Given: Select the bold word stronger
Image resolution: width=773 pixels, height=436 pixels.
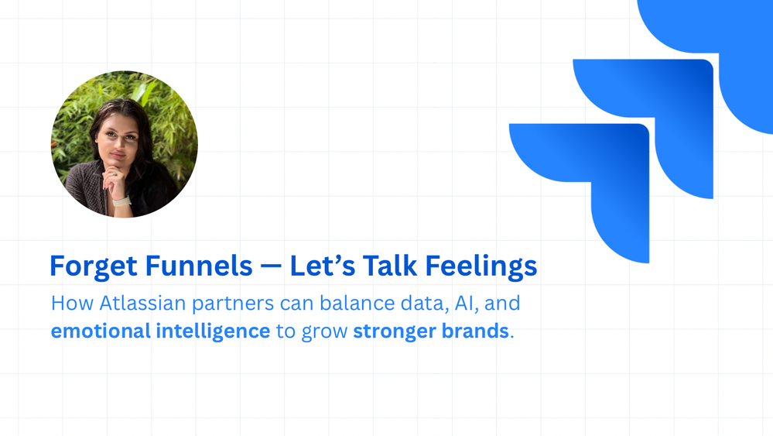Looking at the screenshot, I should (390, 331).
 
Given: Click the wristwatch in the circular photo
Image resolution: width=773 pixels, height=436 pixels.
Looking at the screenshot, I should (122, 201).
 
